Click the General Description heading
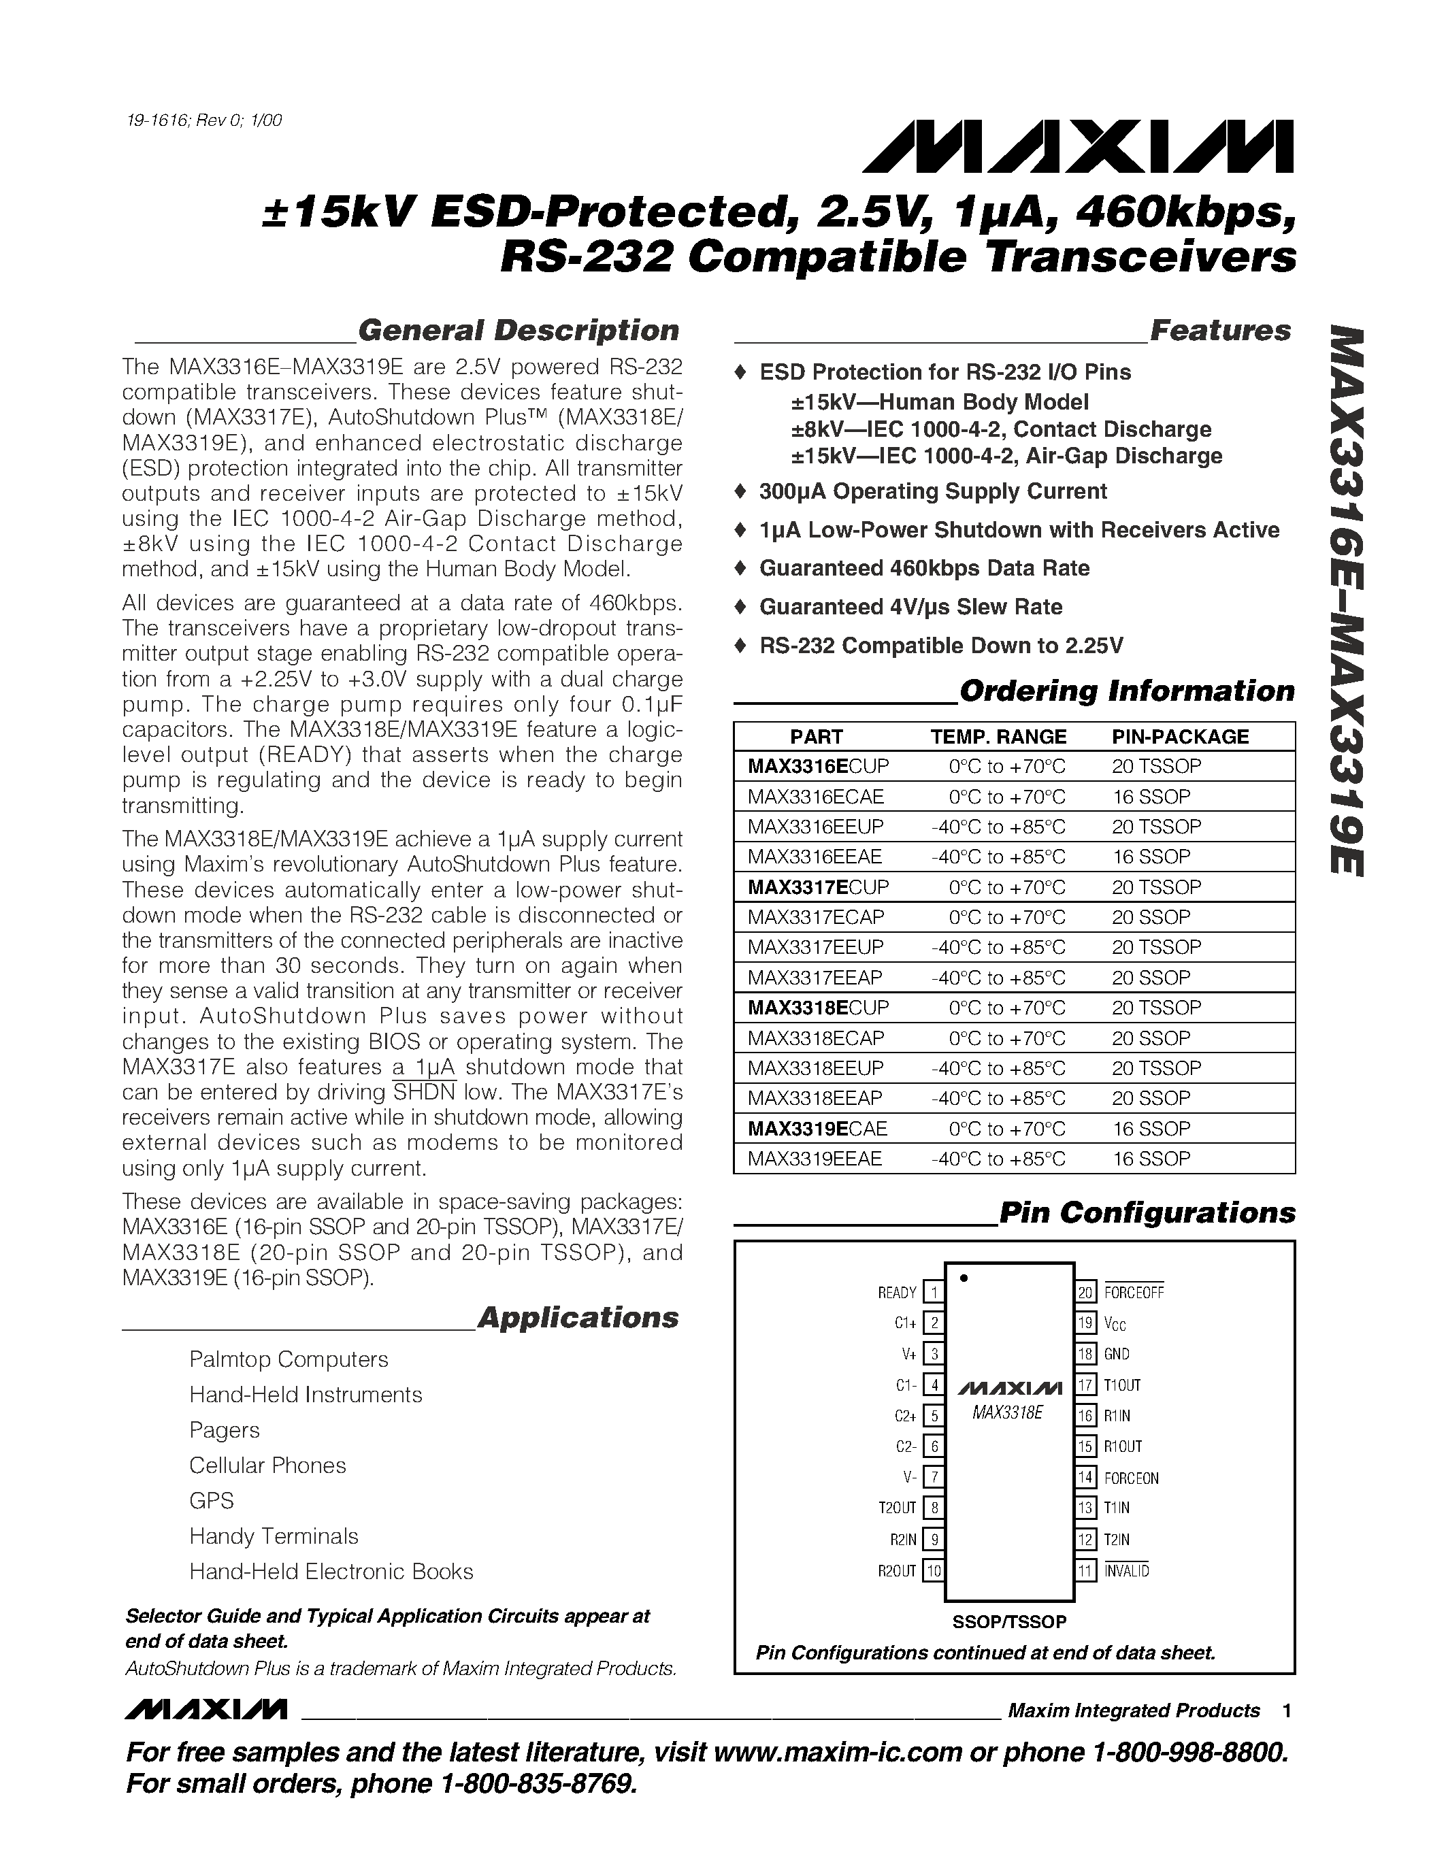(517, 330)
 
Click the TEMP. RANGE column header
(998, 737)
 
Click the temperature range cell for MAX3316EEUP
(998, 827)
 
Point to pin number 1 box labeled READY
(934, 1293)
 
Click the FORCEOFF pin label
(1134, 1293)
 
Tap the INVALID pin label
(1125, 1570)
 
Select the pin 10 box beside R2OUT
(934, 1570)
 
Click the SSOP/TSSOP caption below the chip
(1009, 1622)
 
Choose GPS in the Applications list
(212, 1500)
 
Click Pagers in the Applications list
(225, 1430)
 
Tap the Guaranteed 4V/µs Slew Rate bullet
(910, 606)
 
